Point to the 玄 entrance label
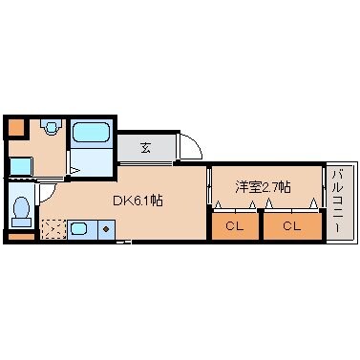(146, 147)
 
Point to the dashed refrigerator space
(53, 229)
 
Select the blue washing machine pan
(19, 164)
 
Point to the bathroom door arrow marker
(74, 171)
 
